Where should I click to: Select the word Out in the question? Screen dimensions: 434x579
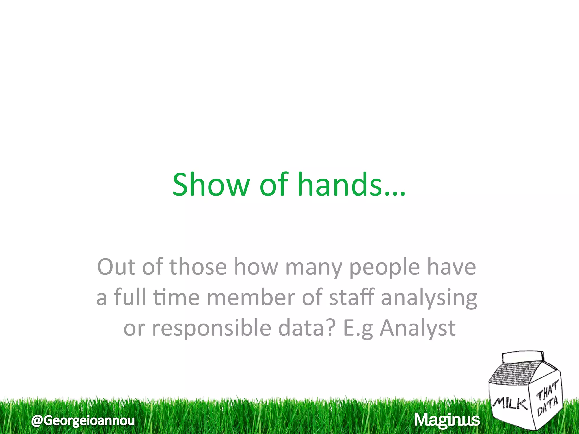pyautogui.click(x=116, y=267)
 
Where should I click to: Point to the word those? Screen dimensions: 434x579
pyautogui.click(x=198, y=267)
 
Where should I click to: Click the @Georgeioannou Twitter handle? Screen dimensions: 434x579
pyautogui.click(x=83, y=420)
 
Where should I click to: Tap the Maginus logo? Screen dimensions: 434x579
pyautogui.click(x=447, y=420)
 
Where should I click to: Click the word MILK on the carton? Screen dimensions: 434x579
pyautogui.click(x=511, y=403)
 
